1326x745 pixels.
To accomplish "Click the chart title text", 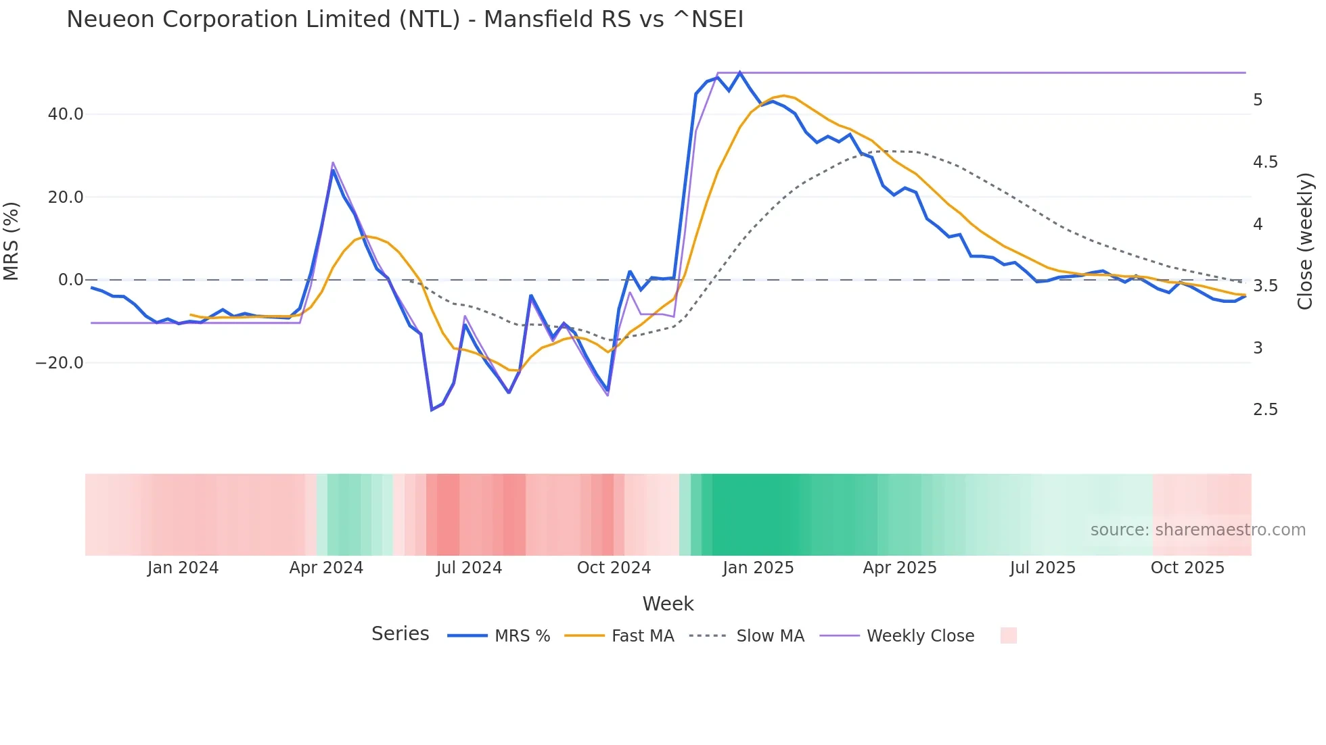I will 405,20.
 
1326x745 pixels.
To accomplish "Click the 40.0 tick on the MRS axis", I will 66,114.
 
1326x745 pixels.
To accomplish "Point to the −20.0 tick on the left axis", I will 60,363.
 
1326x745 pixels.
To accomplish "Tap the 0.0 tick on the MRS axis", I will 70,280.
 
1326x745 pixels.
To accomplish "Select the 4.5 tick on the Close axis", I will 1265,162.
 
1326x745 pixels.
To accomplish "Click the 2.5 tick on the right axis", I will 1265,410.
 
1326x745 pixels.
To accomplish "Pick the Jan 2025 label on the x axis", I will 758,568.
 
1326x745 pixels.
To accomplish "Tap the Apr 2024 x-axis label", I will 326,568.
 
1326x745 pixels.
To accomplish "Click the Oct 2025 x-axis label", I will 1187,568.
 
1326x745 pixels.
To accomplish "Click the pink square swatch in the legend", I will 1008,635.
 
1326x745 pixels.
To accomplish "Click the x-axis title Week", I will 668,604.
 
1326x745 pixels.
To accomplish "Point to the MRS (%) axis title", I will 12,241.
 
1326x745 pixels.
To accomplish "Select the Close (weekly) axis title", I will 1305,241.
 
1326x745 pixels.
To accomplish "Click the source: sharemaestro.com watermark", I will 1197,530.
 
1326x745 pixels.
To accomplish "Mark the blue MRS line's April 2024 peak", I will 333,170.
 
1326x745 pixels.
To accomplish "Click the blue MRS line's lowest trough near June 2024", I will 432,410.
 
